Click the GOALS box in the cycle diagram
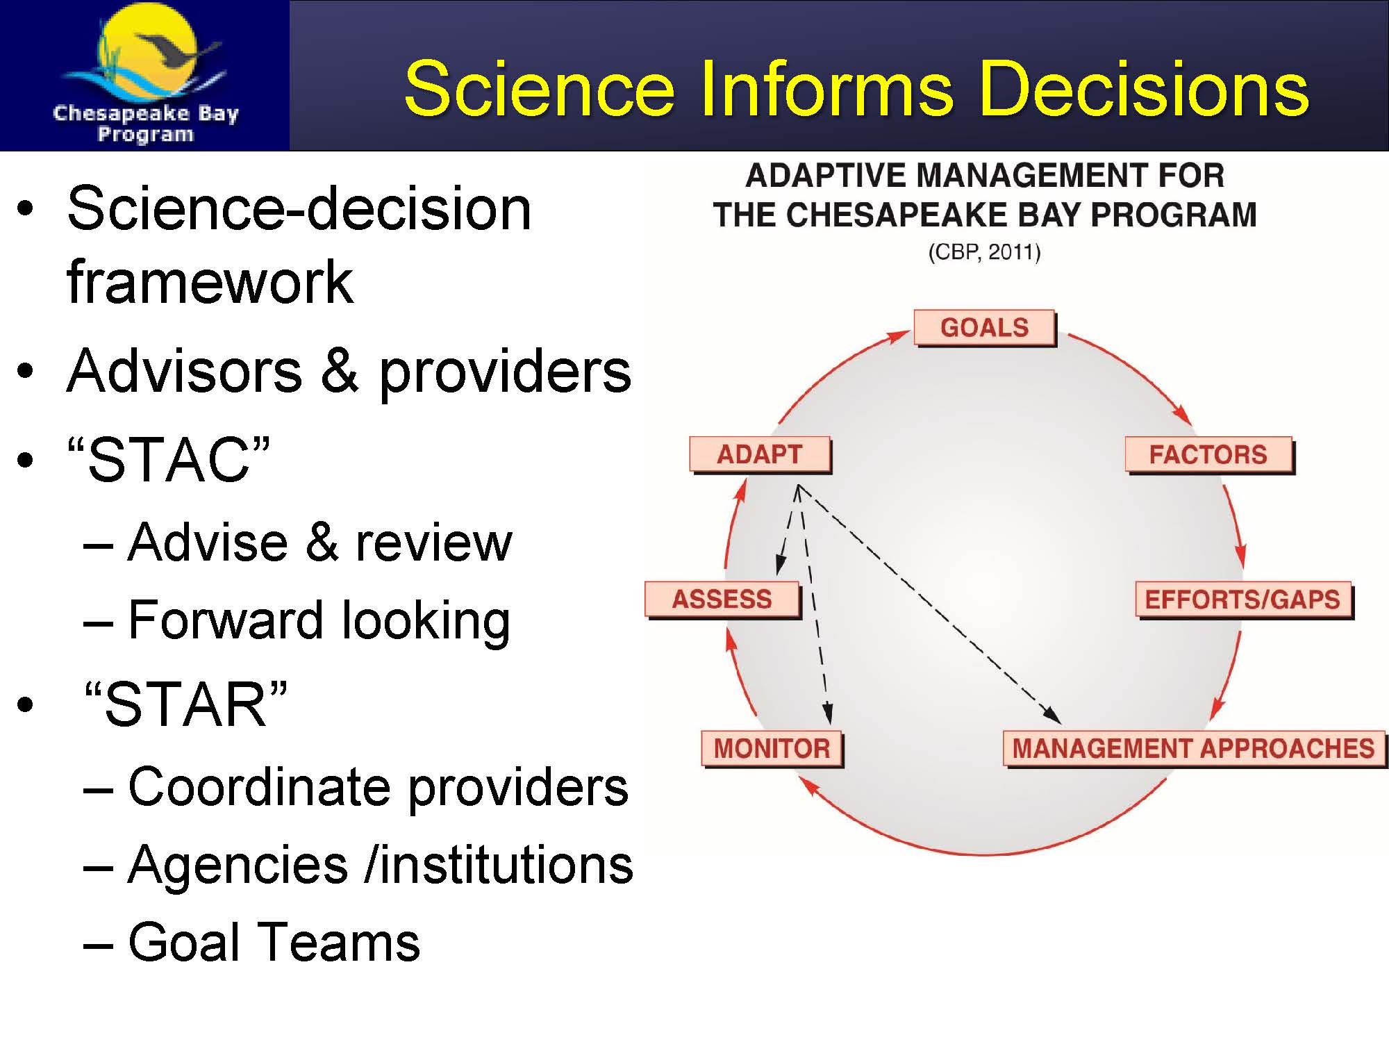tap(985, 328)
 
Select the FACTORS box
tap(1209, 455)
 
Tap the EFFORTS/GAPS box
tap(1244, 599)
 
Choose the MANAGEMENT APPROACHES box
tap(1194, 749)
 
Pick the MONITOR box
tap(772, 749)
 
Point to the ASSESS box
tap(722, 599)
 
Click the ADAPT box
tap(760, 455)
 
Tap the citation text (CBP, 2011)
tap(985, 251)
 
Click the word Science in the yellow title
tap(539, 89)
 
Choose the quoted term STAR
tap(185, 703)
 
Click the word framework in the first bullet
tap(210, 282)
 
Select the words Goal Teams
tap(274, 942)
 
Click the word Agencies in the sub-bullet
tap(238, 866)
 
